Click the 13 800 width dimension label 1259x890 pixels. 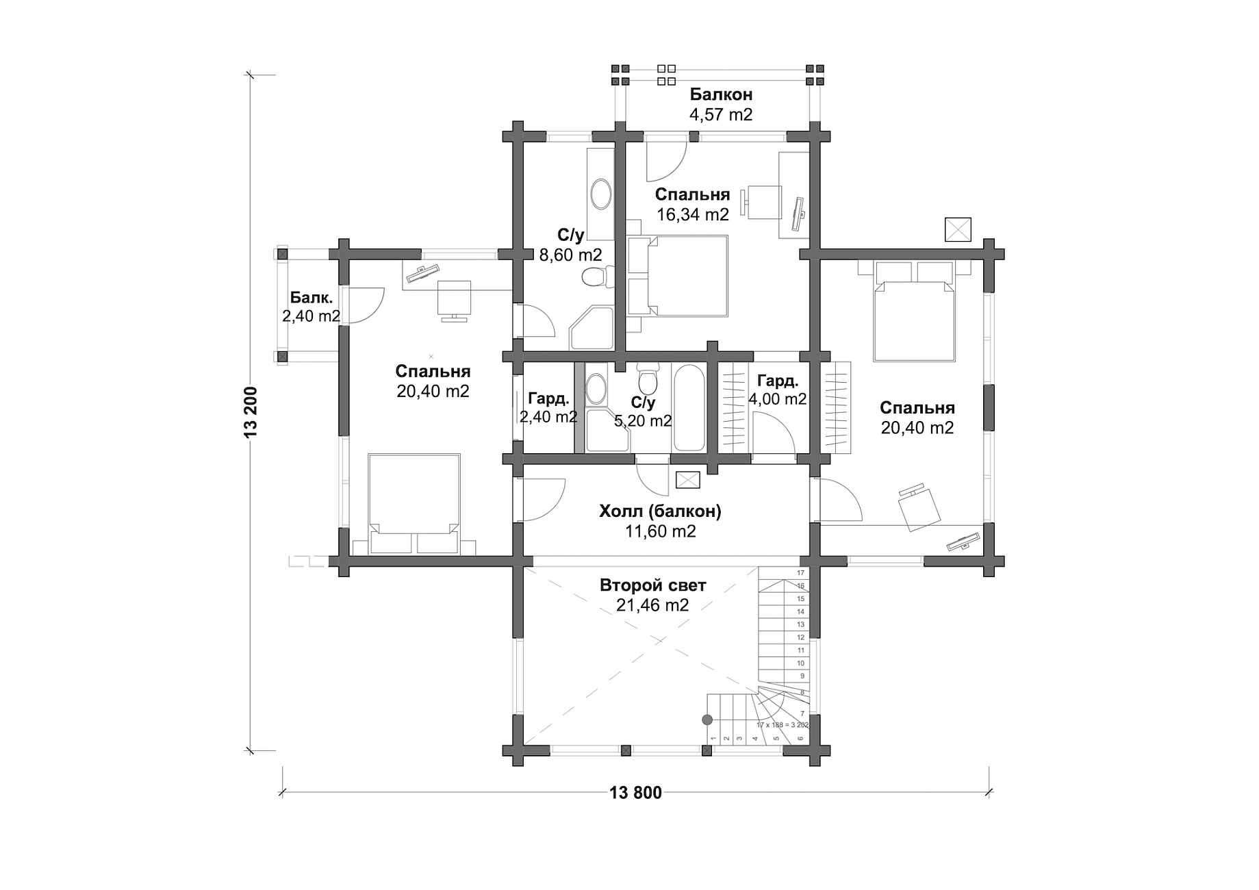635,793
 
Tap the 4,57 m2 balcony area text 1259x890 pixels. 721,114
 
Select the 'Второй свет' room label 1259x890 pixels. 652,585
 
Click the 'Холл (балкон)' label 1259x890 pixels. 660,511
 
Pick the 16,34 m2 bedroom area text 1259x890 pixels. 693,214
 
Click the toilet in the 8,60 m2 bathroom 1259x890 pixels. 594,277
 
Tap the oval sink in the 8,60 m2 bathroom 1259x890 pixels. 602,194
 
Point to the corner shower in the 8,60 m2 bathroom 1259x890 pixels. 592,329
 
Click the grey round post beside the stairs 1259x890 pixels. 707,720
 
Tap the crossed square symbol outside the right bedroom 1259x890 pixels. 958,229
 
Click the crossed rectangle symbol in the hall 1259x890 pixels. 688,480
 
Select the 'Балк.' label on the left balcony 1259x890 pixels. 311,298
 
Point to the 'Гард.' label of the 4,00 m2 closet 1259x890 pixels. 778,381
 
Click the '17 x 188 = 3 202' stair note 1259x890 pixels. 783,724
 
